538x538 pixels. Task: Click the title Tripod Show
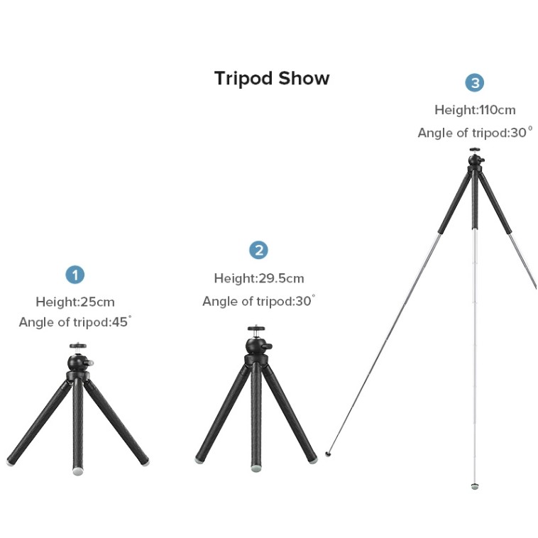[x=272, y=78]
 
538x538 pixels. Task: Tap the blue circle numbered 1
[x=75, y=275]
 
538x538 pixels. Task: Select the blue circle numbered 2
[x=258, y=250]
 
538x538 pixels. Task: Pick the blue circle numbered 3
[x=475, y=83]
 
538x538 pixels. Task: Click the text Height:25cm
[x=75, y=302]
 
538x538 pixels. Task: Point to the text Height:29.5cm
[x=259, y=278]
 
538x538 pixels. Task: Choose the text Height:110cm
[x=475, y=110]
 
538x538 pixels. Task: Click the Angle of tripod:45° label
[x=75, y=322]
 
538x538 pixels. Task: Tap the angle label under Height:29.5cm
[x=258, y=301]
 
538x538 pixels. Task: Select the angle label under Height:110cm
[x=476, y=133]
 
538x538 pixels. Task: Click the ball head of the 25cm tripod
[x=78, y=362]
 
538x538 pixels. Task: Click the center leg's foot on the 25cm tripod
[x=78, y=471]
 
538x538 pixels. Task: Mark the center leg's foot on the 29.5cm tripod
[x=256, y=468]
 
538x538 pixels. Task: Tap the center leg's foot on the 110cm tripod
[x=475, y=486]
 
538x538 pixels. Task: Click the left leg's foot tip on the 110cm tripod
[x=328, y=454]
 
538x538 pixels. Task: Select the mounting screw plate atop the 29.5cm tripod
[x=256, y=329]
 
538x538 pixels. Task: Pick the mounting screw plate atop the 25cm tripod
[x=78, y=346]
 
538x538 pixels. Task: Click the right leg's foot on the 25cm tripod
[x=146, y=462]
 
